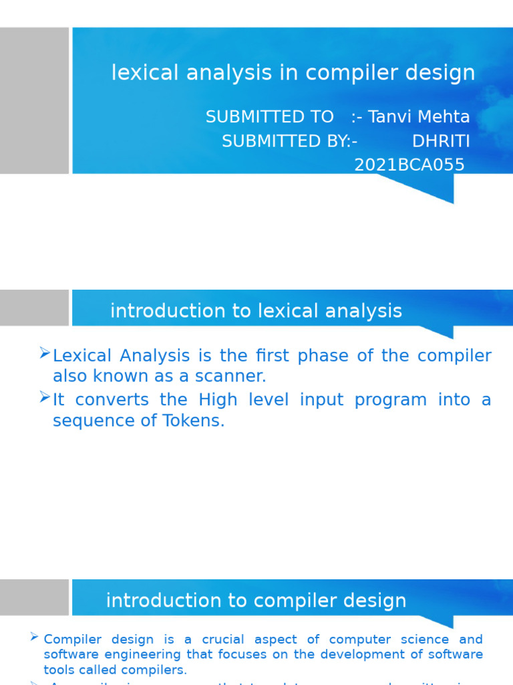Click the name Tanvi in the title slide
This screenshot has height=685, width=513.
pyautogui.click(x=389, y=117)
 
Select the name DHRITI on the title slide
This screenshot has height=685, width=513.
pyautogui.click(x=441, y=141)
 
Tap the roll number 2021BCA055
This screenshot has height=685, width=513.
pyautogui.click(x=409, y=165)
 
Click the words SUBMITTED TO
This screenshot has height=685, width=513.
pyautogui.click(x=269, y=117)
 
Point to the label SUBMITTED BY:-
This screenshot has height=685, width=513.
pyautogui.click(x=289, y=141)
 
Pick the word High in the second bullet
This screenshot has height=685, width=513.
pyautogui.click(x=218, y=400)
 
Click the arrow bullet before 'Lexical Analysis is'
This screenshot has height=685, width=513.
pyautogui.click(x=45, y=353)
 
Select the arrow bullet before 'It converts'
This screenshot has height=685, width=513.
pyautogui.click(x=45, y=397)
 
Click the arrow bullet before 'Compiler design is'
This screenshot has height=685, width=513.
pyautogui.click(x=34, y=638)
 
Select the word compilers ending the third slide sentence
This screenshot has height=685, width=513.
pyautogui.click(x=160, y=670)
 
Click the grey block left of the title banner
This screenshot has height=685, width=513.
pyautogui.click(x=34, y=100)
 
